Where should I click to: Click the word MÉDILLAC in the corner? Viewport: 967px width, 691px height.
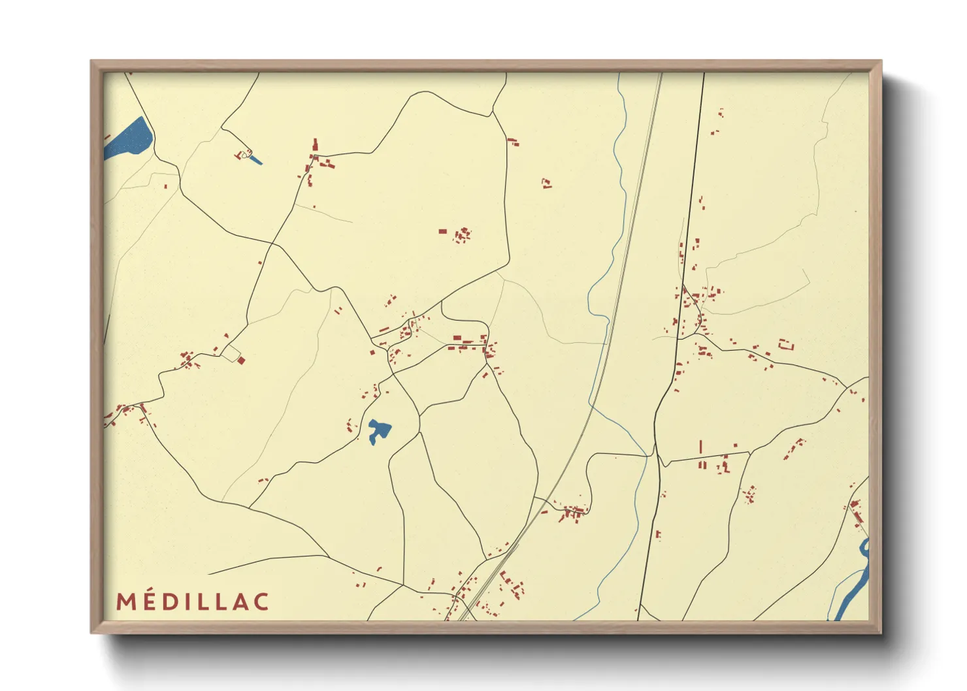(193, 602)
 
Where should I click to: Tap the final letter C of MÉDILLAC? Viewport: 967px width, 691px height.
(261, 602)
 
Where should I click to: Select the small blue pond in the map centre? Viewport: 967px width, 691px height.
(378, 431)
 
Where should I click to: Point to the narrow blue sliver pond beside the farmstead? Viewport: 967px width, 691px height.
(255, 160)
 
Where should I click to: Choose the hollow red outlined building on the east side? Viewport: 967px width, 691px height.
(785, 344)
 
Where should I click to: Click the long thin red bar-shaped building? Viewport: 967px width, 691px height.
(700, 447)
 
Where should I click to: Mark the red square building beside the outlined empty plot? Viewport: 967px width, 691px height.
(241, 360)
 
